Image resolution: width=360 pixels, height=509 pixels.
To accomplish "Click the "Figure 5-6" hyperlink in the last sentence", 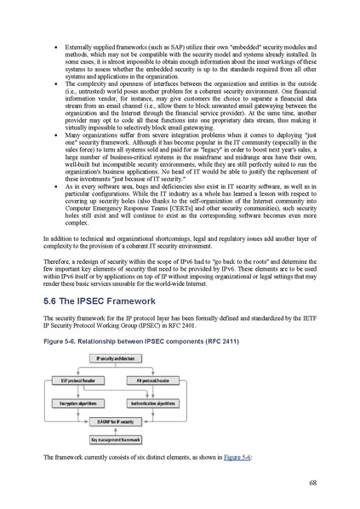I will pos(237,458).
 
